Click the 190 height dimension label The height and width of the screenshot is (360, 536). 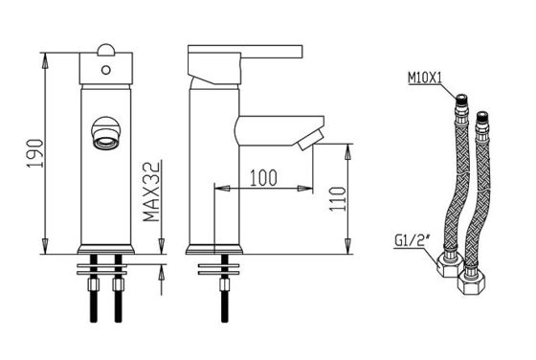[35, 153]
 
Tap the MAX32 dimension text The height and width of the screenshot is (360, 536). [151, 191]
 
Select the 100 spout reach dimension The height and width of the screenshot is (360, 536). [263, 178]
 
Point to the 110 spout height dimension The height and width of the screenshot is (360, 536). [338, 199]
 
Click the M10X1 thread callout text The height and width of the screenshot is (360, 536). [425, 79]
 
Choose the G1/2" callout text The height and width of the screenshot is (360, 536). [412, 240]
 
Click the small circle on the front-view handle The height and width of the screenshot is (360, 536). [106, 70]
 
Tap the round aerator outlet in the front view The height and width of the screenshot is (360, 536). [106, 133]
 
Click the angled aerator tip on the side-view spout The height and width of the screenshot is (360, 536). [310, 141]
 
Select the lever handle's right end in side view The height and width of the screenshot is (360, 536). [301, 51]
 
